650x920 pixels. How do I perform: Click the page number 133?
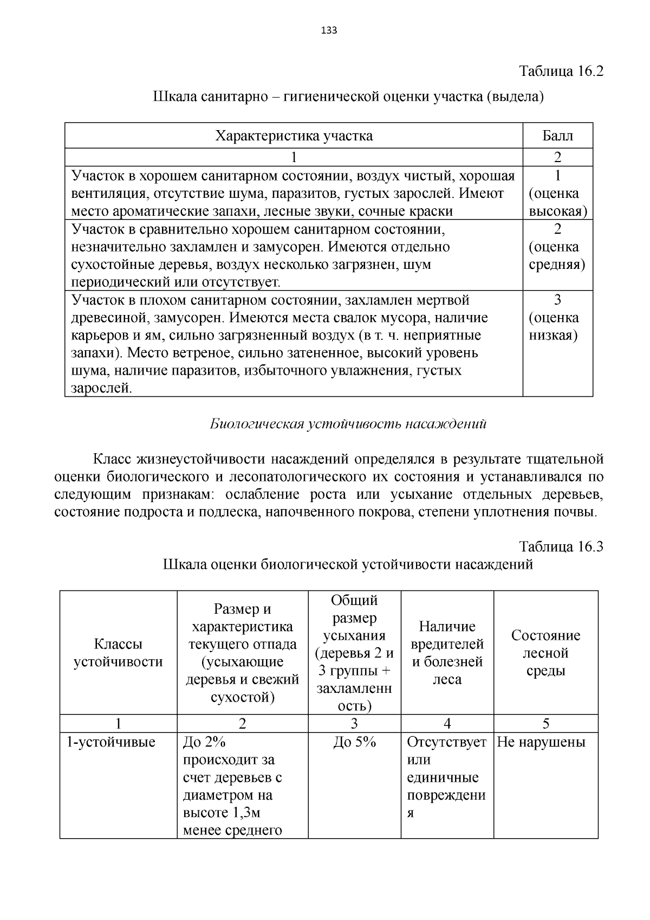pyautogui.click(x=329, y=30)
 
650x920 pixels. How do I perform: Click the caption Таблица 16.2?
pyautogui.click(x=561, y=71)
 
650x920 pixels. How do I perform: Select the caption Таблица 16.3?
pyautogui.click(x=561, y=546)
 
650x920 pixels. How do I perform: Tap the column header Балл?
pyautogui.click(x=557, y=136)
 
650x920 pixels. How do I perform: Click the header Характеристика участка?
pyautogui.click(x=294, y=136)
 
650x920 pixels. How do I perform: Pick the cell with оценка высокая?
pyautogui.click(x=557, y=194)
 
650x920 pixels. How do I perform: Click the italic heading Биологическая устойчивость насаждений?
pyautogui.click(x=348, y=424)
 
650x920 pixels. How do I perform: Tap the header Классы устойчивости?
pyautogui.click(x=118, y=653)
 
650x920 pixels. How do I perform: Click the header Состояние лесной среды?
pyautogui.click(x=545, y=653)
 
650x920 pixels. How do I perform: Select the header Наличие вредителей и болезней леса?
pyautogui.click(x=447, y=653)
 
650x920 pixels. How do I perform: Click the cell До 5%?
pyautogui.click(x=354, y=742)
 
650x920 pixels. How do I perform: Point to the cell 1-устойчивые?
pyautogui.click(x=110, y=742)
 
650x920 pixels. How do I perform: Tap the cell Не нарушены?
pyautogui.click(x=541, y=742)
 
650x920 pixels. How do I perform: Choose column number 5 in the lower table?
pyautogui.click(x=545, y=724)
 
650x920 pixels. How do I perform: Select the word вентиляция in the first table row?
pyautogui.click(x=108, y=194)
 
